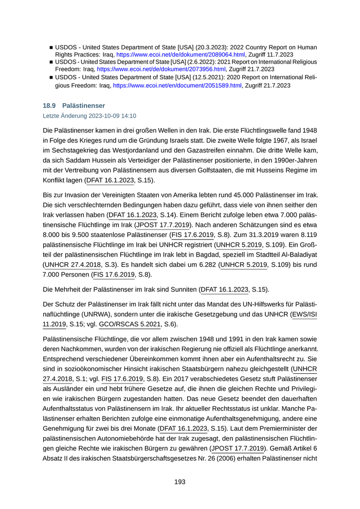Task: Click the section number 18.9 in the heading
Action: pyautogui.click(x=50, y=105)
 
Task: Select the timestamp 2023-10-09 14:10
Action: pyautogui.click(x=111, y=116)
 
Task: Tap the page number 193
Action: pyautogui.click(x=179, y=481)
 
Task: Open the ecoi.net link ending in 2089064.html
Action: pyautogui.click(x=180, y=54)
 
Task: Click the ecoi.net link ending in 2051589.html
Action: pyautogui.click(x=177, y=85)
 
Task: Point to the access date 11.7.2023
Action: pyautogui.click(x=279, y=54)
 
